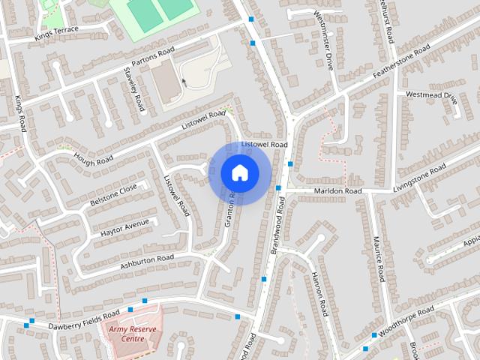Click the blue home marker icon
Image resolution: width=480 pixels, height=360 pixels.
point(239,172)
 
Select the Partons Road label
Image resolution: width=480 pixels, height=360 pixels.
point(152,56)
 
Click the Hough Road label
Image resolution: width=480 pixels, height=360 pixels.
point(93,160)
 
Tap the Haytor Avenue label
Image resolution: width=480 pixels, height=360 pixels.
point(125,228)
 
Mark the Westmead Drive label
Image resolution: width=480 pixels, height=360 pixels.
point(431,95)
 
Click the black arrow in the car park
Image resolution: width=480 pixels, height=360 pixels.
point(183,82)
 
